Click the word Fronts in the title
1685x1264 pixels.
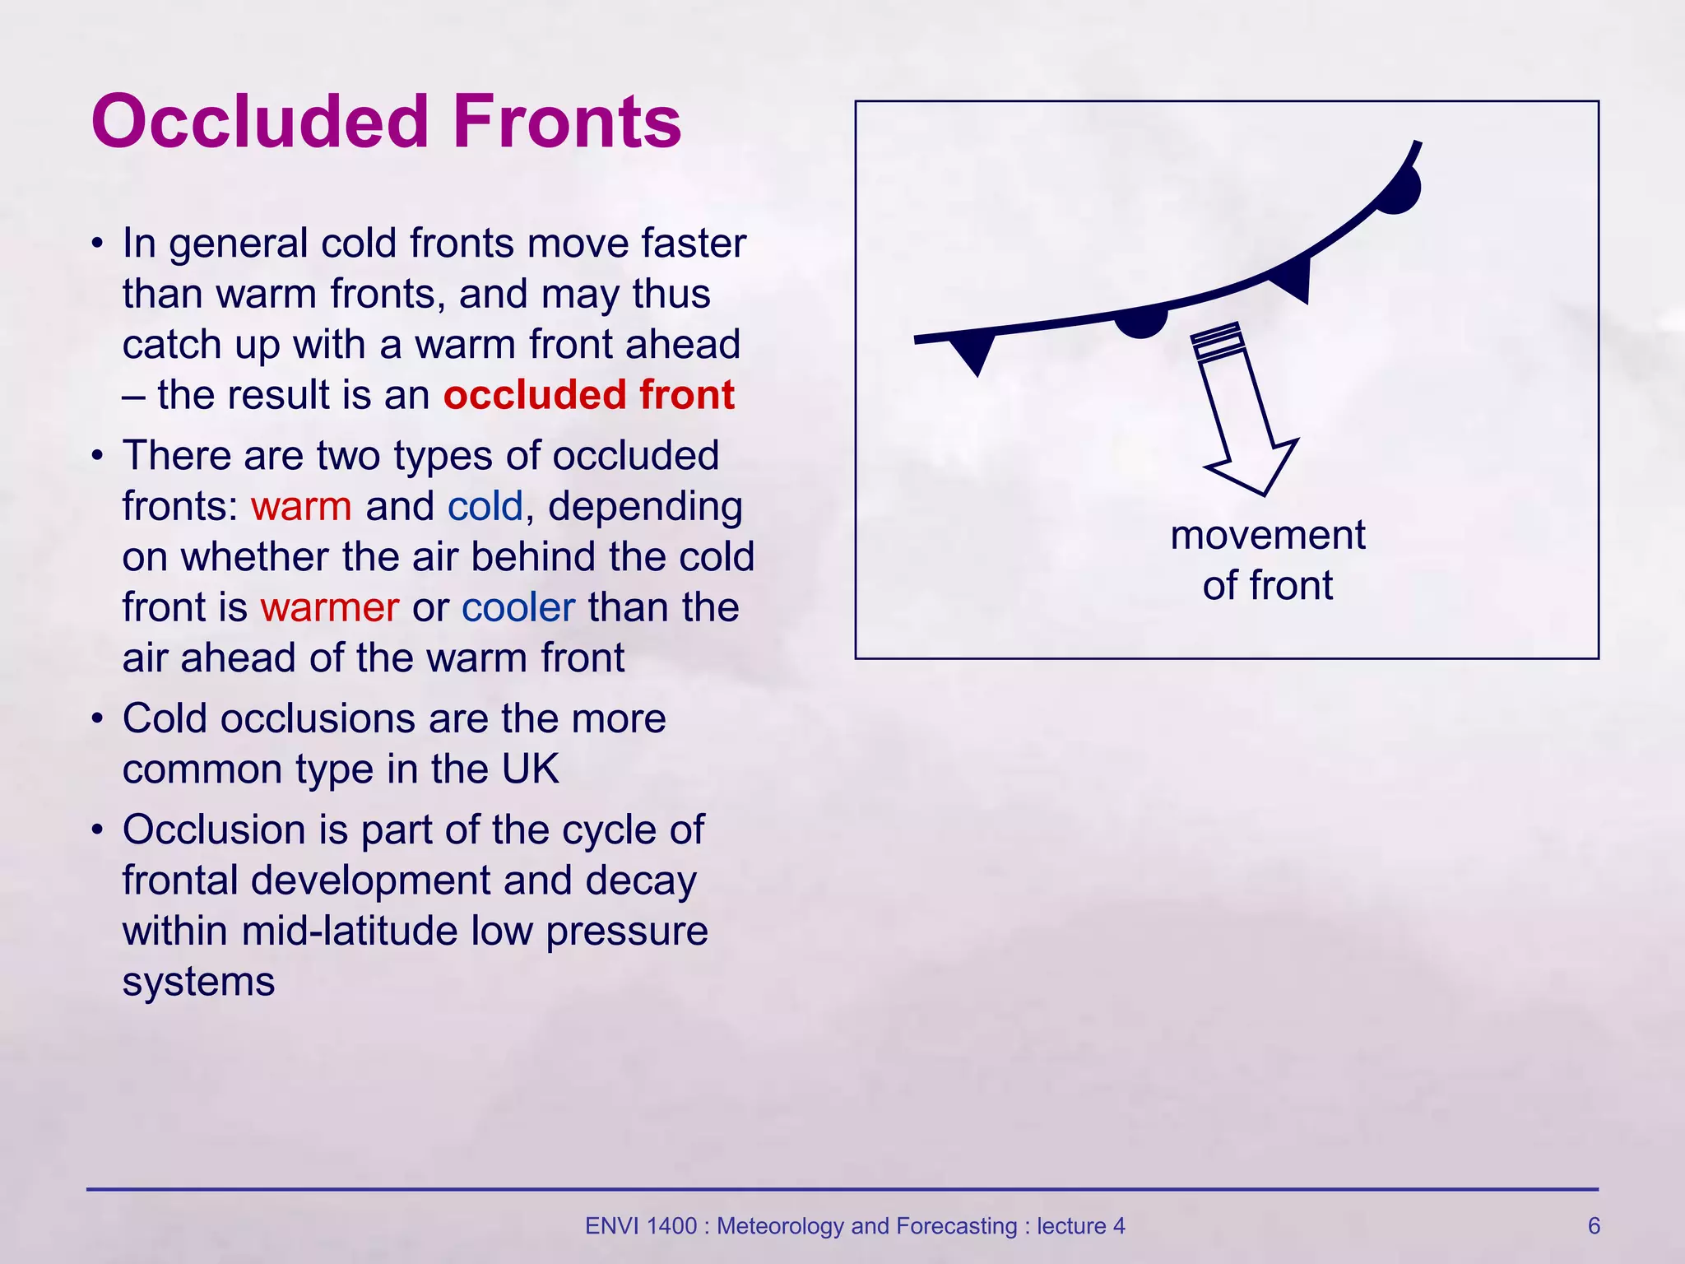567,121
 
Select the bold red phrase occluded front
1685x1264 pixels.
588,395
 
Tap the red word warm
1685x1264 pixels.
301,506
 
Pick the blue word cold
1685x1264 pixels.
485,506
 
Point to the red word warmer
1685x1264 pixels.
329,607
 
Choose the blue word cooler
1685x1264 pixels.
518,607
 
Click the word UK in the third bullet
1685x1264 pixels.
530,769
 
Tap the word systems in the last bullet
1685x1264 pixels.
198,982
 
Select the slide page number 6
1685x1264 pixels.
1594,1226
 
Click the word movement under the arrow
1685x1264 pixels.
1267,536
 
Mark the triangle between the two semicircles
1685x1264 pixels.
1294,278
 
